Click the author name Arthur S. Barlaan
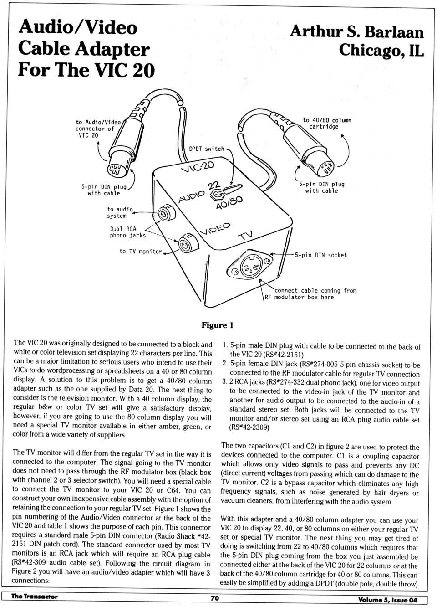coord(356,31)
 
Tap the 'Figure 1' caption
coord(217,325)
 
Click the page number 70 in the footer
coord(215,598)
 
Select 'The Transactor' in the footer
coord(35,597)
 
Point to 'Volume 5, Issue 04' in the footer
coord(387,600)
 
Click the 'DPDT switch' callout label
coord(207,149)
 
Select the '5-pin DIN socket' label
coord(320,255)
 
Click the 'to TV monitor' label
coord(141,251)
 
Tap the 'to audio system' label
coord(120,212)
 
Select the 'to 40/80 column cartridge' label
coord(327,123)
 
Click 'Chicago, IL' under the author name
coord(381,50)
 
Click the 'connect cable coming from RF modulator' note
coord(310,294)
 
